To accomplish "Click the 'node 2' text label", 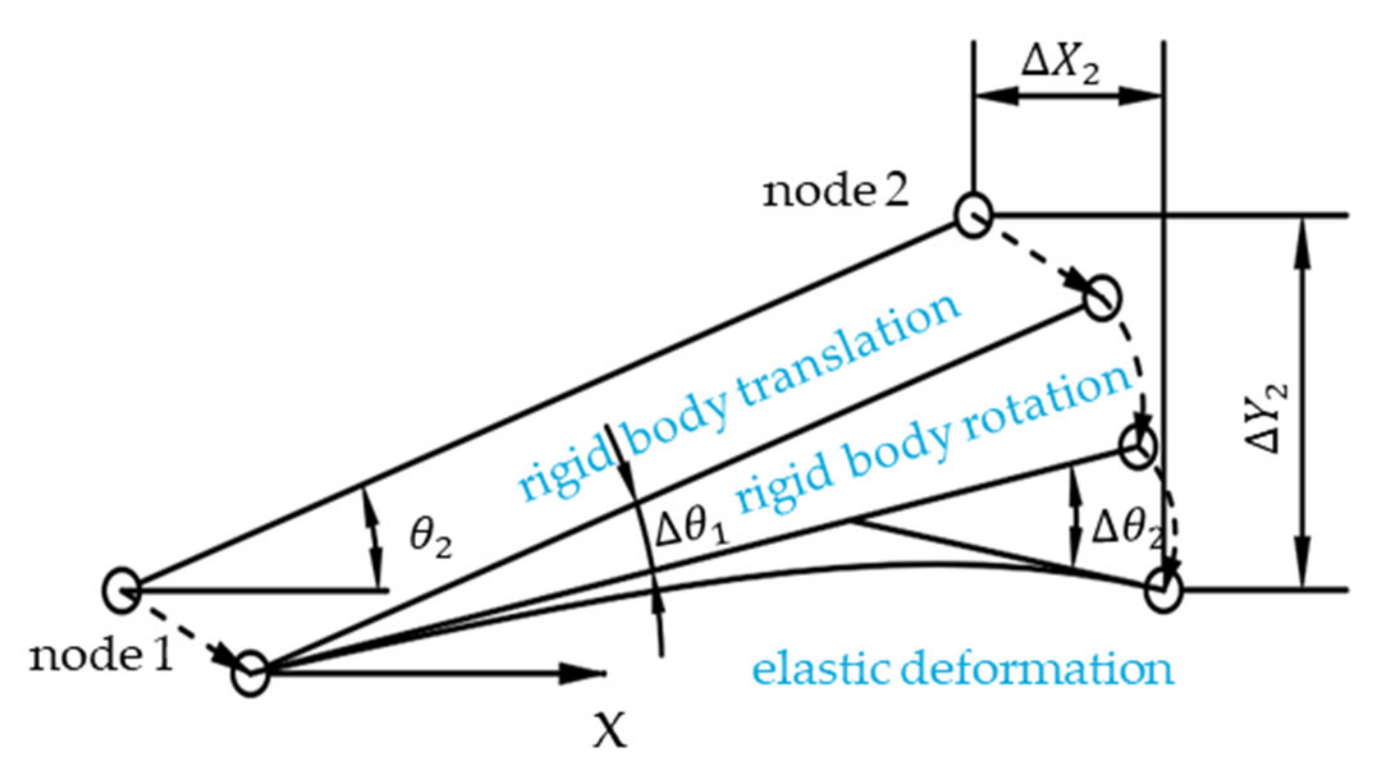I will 835,192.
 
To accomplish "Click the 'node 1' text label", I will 101,657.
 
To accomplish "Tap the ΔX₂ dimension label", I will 1060,67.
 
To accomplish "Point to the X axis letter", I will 609,731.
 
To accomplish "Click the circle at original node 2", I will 973,216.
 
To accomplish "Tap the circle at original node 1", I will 122,589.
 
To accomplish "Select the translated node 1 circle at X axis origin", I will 250,673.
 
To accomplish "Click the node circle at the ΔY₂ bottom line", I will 1163,589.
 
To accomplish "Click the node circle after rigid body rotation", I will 1137,447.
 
